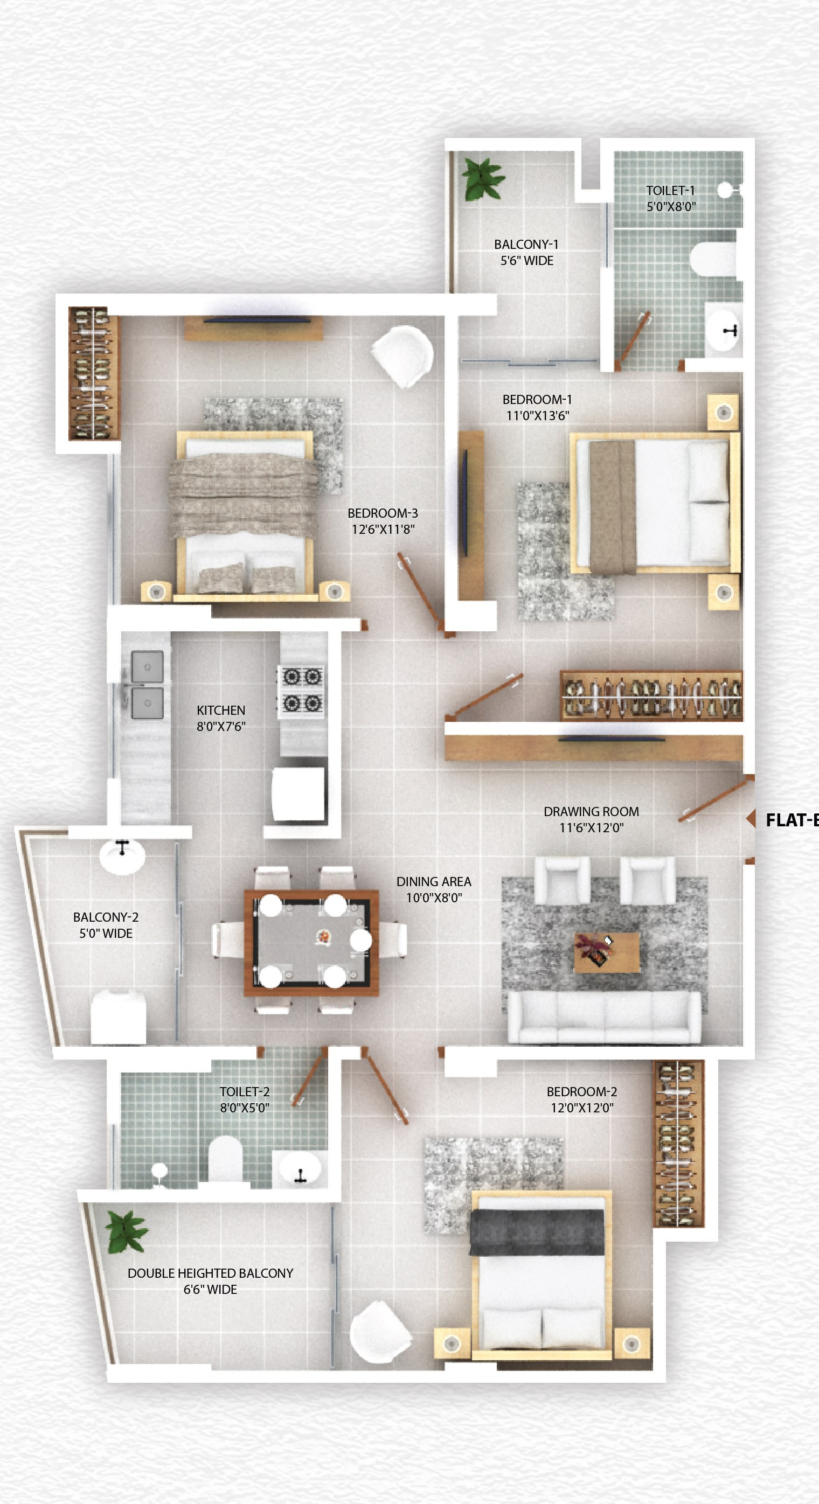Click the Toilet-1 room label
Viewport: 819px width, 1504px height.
tap(670, 190)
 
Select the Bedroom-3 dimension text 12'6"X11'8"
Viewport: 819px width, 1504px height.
tap(383, 529)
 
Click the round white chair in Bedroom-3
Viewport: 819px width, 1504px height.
tap(403, 356)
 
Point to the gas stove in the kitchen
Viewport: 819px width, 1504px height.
tap(301, 690)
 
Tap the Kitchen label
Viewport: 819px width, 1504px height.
tap(221, 710)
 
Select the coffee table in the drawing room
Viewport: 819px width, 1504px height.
tap(606, 952)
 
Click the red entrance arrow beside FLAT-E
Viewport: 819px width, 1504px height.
tap(751, 819)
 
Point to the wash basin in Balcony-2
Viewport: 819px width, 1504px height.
tap(122, 857)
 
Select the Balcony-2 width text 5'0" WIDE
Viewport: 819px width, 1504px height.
tap(106, 933)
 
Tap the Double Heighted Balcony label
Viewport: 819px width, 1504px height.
tap(210, 1273)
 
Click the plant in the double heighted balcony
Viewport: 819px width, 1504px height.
tap(126, 1231)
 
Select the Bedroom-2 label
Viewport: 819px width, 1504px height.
tap(581, 1091)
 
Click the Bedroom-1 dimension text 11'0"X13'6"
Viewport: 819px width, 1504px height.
tap(537, 416)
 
